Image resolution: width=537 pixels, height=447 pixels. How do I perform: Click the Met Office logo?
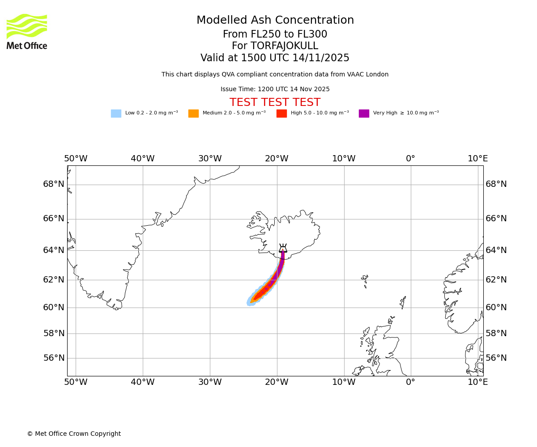pos(27,31)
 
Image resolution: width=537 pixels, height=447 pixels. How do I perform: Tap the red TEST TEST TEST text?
pos(275,103)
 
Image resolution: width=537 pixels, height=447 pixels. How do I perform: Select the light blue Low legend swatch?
pos(116,114)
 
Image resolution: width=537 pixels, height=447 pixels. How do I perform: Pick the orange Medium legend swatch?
pos(193,114)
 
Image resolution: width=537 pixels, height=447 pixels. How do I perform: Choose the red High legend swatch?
pos(281,114)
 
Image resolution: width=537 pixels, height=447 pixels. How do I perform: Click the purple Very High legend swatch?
pos(364,114)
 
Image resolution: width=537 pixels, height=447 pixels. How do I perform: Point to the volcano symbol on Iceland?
pos(283,249)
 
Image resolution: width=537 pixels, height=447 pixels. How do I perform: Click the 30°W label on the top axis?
pos(209,159)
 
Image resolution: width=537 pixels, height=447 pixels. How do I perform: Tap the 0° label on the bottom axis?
pos(410,382)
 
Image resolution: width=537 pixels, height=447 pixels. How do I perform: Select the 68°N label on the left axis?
pos(54,184)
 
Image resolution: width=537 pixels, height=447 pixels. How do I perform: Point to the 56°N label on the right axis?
pos(496,358)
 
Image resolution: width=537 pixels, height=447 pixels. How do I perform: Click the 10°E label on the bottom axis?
pos(477,382)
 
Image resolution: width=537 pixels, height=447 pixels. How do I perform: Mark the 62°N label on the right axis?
pos(496,280)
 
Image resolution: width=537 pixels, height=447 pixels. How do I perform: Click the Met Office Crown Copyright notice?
pos(74,434)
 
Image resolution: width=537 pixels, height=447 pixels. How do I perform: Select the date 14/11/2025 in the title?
pos(321,58)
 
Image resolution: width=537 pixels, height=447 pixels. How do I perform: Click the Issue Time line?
pos(275,89)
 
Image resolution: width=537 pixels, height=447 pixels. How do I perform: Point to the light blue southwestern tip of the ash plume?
pos(250,302)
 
